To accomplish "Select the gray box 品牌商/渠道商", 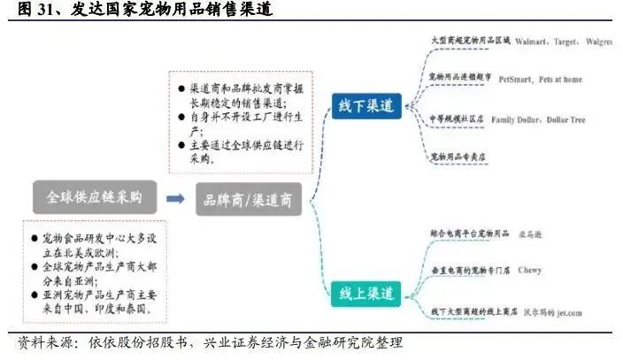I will click(249, 200).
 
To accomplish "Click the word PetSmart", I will click(517, 79).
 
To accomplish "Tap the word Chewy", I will click(529, 270).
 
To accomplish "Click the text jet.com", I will click(556, 310).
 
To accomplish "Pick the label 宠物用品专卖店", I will click(458, 157).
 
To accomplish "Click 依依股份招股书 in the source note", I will click(120, 341).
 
